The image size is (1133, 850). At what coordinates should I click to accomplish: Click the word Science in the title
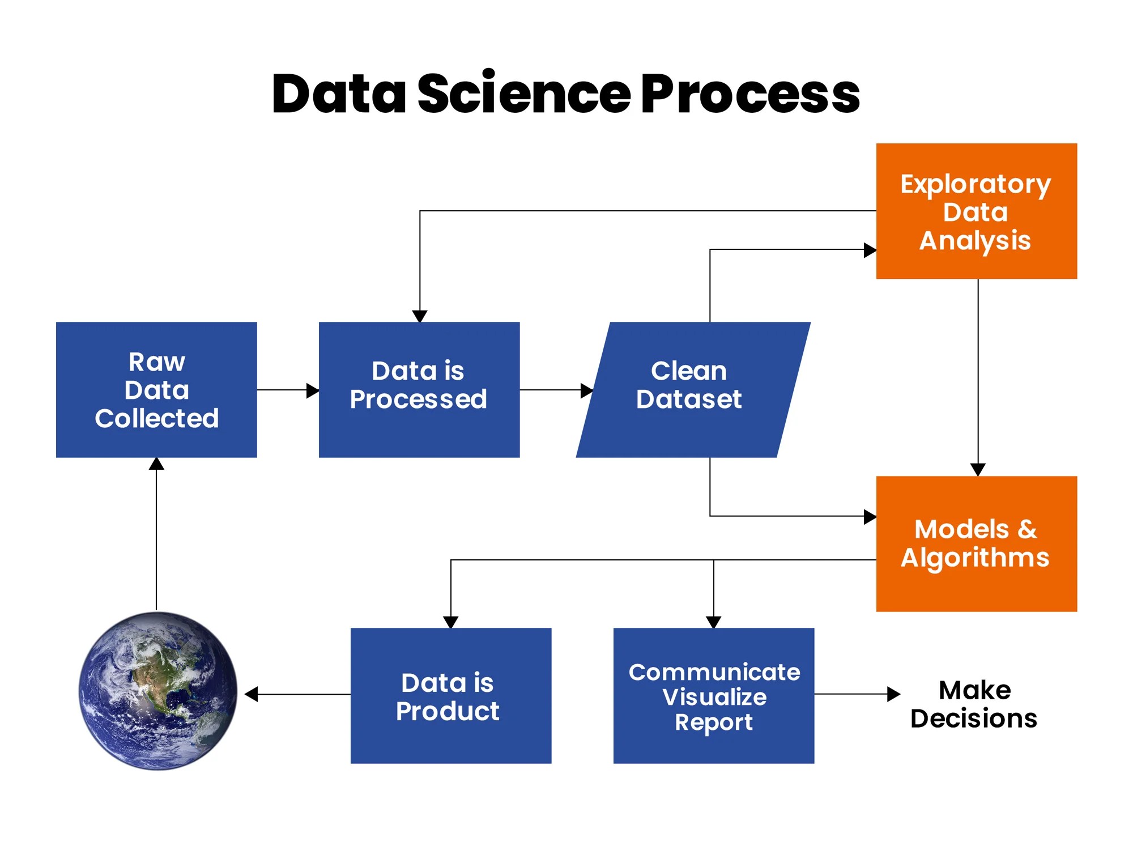(524, 94)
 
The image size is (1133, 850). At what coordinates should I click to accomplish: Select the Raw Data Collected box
(156, 390)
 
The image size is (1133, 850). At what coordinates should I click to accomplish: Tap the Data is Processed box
(419, 390)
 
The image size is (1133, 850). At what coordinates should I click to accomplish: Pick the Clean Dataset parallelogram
(692, 390)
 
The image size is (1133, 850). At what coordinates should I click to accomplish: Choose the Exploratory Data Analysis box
(976, 211)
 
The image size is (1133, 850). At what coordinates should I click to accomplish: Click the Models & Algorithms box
(976, 544)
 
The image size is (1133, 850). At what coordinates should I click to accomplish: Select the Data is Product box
(450, 696)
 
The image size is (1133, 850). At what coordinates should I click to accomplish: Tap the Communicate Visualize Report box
(714, 696)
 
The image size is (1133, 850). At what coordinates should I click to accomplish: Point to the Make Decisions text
(974, 704)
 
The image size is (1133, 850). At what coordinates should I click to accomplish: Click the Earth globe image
(158, 690)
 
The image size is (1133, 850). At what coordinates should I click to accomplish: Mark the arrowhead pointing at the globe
(252, 694)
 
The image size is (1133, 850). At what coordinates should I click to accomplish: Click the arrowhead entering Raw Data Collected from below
(156, 464)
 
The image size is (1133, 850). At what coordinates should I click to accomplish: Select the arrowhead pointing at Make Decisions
(893, 694)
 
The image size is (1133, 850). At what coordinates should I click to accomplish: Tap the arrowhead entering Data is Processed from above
(420, 316)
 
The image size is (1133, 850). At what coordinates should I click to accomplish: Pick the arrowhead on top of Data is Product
(450, 622)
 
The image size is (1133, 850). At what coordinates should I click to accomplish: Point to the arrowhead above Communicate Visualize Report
(714, 622)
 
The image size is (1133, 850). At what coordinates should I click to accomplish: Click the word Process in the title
(751, 94)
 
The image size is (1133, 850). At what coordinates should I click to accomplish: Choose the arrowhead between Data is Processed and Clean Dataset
(587, 390)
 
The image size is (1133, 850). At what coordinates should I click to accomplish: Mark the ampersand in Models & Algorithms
(1027, 529)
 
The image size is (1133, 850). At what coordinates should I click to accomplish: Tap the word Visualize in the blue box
(714, 697)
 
